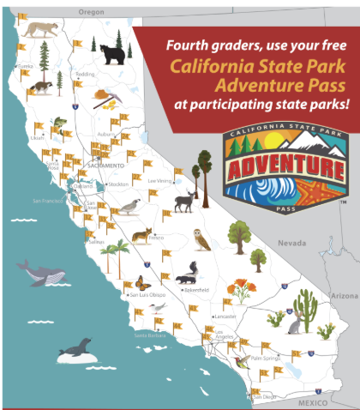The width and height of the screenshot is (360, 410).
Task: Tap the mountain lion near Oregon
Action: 39,31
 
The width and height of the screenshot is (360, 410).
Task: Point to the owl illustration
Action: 202,239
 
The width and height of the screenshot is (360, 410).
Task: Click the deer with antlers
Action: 184,202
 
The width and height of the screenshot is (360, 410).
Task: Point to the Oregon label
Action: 90,13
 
